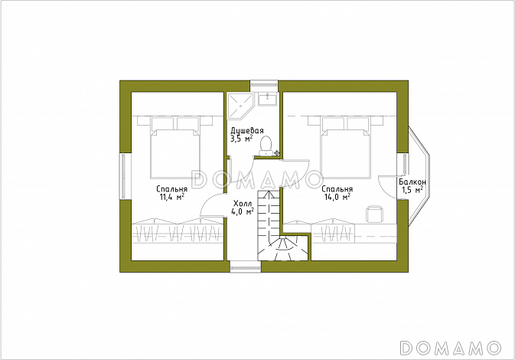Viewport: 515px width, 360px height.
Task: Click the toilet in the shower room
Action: [x=265, y=146]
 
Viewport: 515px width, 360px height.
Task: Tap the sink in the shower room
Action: [x=268, y=99]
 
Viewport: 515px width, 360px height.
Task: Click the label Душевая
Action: [x=247, y=130]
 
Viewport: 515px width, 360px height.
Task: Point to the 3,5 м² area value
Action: [x=241, y=139]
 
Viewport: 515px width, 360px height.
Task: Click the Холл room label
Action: [x=243, y=203]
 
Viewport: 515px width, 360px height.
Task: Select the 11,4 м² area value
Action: [x=171, y=197]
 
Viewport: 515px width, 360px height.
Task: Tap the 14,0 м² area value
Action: [x=337, y=197]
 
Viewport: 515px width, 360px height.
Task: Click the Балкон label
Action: [x=412, y=182]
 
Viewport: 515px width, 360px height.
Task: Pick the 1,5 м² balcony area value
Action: [x=412, y=190]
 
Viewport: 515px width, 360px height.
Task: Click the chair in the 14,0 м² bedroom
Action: [x=374, y=214]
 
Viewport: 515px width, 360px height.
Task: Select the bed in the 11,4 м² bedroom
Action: [x=175, y=147]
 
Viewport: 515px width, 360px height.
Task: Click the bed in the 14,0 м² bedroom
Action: [x=346, y=147]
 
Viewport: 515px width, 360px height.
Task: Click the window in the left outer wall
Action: [x=124, y=176]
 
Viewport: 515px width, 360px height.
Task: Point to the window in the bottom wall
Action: [x=246, y=267]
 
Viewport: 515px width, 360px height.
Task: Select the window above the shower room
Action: [x=265, y=86]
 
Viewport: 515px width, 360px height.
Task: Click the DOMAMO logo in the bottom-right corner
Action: [x=451, y=347]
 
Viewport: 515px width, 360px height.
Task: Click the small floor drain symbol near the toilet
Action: [x=277, y=152]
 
